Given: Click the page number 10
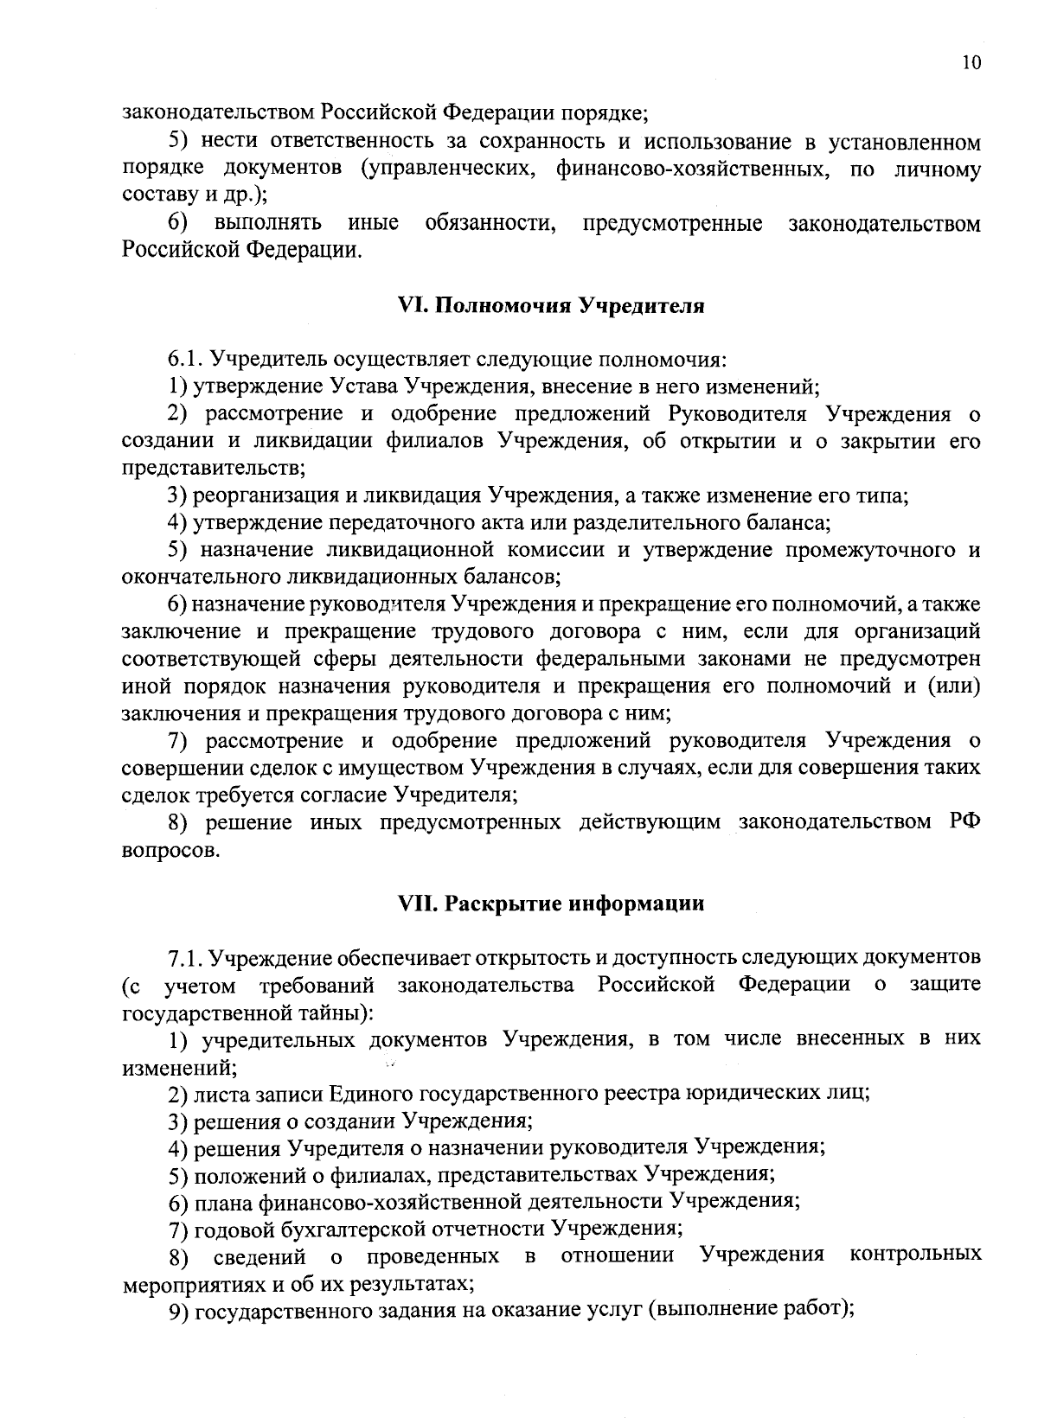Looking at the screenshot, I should (971, 62).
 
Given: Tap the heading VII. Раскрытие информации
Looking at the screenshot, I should (551, 904).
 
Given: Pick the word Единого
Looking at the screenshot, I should (368, 1094).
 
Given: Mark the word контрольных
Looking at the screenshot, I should (915, 1255).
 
